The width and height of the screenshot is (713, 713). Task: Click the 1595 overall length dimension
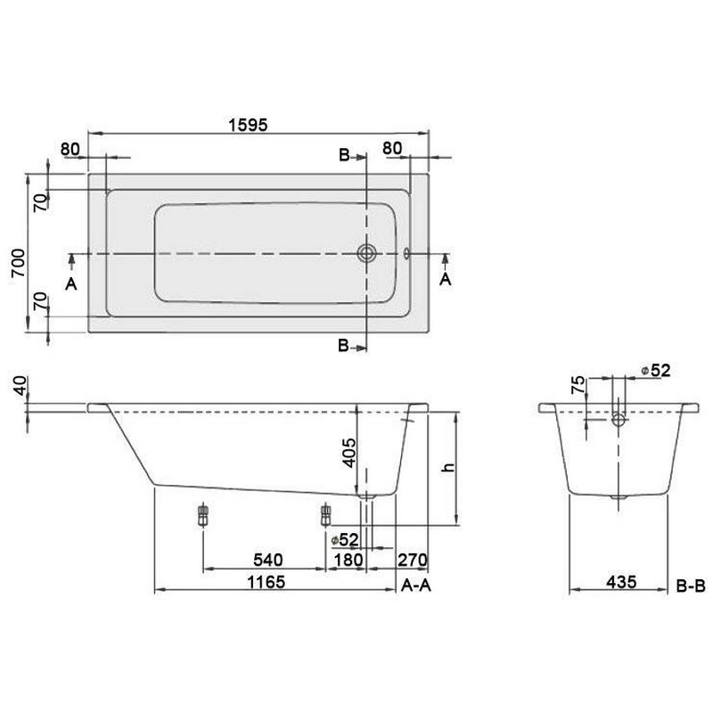(248, 125)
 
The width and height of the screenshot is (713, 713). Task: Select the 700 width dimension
(19, 263)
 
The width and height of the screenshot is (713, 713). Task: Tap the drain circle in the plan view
(366, 253)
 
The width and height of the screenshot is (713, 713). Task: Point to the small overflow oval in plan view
(406, 253)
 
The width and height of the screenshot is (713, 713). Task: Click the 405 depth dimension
(349, 453)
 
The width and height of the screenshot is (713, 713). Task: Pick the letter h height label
(449, 467)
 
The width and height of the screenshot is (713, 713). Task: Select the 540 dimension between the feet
(268, 560)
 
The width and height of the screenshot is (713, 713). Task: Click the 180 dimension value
(348, 560)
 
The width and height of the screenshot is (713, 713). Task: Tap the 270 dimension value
(413, 560)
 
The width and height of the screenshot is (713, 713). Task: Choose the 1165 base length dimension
(266, 582)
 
